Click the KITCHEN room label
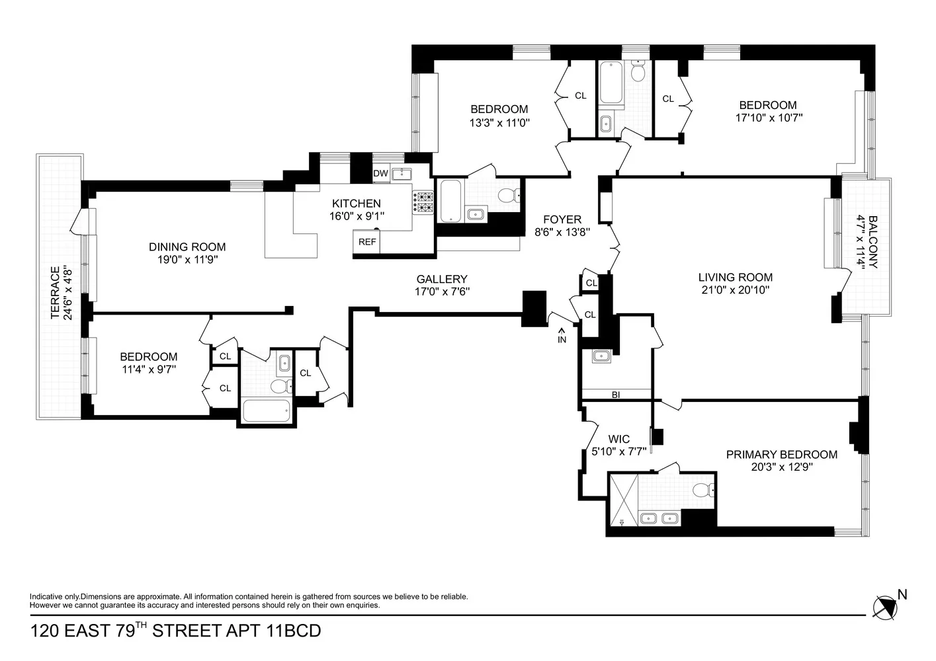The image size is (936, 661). click(356, 204)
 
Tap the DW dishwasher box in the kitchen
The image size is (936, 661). click(380, 174)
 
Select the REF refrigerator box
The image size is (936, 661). click(367, 242)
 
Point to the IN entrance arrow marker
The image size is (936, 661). click(562, 336)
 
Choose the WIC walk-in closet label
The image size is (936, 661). click(618, 439)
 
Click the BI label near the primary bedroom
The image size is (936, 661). click(616, 395)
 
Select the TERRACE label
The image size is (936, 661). click(56, 292)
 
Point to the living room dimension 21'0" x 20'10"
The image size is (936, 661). click(735, 290)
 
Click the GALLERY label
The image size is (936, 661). click(441, 279)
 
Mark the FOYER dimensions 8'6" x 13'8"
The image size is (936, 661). click(562, 232)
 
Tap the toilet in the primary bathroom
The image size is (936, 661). click(702, 490)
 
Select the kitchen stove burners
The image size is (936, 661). click(423, 202)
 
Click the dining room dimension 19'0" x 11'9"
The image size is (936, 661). click(187, 260)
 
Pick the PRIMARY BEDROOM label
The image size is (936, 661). click(781, 454)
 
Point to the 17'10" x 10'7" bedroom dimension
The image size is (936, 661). click(767, 118)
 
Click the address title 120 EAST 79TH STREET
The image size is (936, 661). click(175, 631)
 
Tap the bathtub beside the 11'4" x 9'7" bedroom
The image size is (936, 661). click(267, 410)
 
